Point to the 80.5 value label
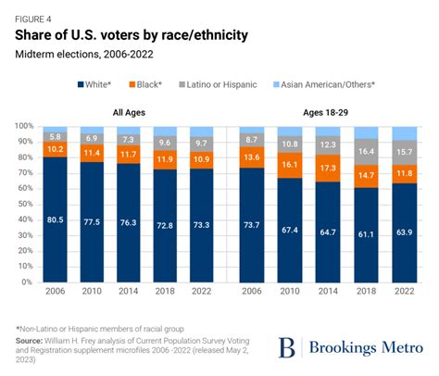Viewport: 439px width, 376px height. tap(55, 219)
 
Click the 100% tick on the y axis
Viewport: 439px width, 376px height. tap(25, 126)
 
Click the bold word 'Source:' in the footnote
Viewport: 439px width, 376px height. tap(32, 340)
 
